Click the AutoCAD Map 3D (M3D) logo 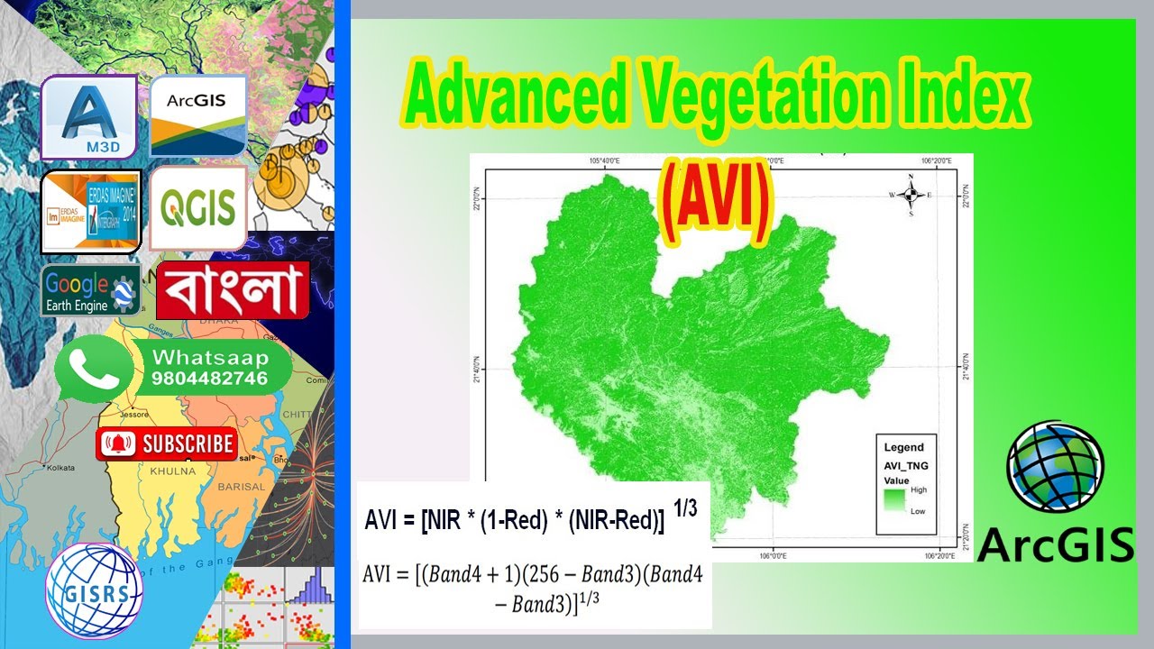point(88,117)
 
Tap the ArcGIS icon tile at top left point(198,116)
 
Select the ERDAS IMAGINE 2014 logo point(91,212)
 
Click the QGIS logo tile point(198,208)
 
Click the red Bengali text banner point(234,290)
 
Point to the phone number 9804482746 point(210,379)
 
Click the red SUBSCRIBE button point(167,444)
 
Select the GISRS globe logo point(94,590)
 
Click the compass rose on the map point(911,194)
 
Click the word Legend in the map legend point(903,447)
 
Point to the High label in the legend point(919,489)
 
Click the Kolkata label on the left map point(61,468)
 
